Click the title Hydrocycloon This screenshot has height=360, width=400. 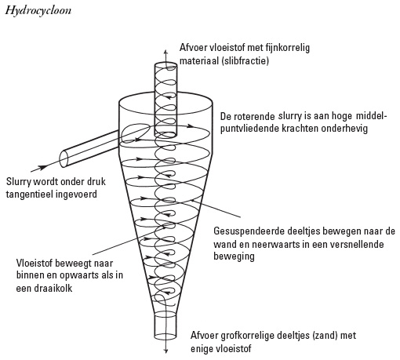tap(38, 11)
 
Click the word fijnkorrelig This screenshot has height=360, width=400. tap(288, 48)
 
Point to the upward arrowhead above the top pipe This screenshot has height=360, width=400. tap(165, 51)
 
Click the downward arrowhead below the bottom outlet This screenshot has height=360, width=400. tap(165, 351)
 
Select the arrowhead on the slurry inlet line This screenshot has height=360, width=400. tap(42, 167)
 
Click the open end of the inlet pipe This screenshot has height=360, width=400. tap(64, 159)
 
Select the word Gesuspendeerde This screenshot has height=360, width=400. tap(249, 231)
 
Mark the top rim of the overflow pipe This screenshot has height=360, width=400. tap(165, 65)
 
